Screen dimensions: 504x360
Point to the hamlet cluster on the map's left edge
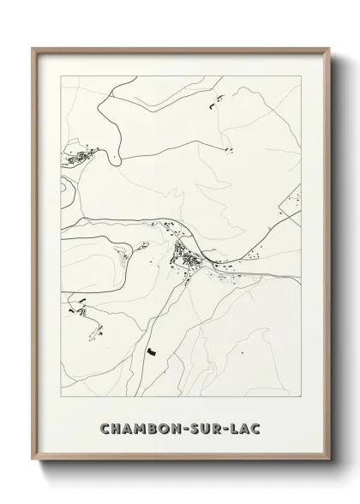[75, 157]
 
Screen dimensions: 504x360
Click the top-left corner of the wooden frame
[33, 48]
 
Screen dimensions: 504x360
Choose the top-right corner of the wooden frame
[327, 48]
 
